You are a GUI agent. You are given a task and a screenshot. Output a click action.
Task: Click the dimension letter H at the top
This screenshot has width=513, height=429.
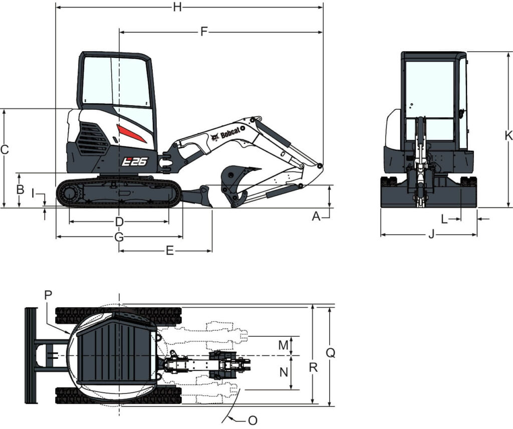pos(177,7)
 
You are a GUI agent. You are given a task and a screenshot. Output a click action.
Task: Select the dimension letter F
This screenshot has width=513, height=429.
pos(203,32)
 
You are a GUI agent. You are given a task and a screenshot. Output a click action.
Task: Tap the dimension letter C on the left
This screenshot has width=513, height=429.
pos(5,149)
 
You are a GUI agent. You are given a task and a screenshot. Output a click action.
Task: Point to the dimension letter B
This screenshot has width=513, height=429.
pos(20,189)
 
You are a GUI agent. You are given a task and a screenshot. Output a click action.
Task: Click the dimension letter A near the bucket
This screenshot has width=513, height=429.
pos(316,217)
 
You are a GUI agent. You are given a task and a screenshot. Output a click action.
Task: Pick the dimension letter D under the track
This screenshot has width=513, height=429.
pos(119,222)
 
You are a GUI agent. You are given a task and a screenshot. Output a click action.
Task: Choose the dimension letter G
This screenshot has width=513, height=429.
pos(119,237)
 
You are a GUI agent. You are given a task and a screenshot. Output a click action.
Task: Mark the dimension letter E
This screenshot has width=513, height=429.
pos(169,251)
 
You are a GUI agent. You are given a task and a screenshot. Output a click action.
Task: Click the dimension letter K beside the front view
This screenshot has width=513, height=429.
pos(508,135)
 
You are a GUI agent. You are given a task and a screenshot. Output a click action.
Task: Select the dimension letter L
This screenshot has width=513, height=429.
pos(444,219)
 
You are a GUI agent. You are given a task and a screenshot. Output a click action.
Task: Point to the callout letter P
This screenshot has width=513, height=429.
pos(48,295)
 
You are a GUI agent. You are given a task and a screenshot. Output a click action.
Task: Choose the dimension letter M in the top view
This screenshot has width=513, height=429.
pos(284,345)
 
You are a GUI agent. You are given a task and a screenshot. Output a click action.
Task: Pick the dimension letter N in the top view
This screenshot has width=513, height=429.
pos(284,371)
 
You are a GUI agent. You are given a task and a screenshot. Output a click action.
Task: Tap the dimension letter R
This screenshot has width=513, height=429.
pos(314,367)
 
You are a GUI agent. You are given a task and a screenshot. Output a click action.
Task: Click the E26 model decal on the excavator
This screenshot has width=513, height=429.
pos(135,161)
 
